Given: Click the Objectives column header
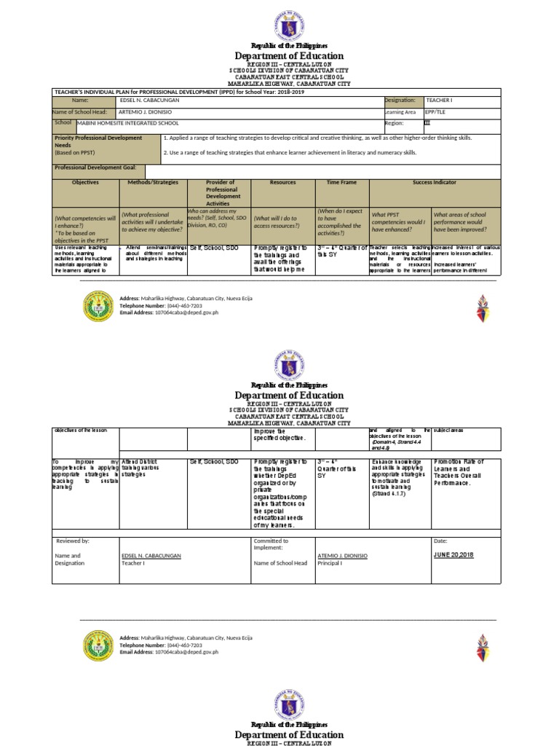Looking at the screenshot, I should [x=85, y=183].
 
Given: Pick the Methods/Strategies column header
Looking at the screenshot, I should [x=153, y=183].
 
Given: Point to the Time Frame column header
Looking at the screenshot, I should [x=342, y=183].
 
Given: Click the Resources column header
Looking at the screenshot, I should [x=282, y=183].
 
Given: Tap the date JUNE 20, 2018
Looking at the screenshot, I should [x=453, y=555].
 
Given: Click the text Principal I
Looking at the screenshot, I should [x=330, y=563].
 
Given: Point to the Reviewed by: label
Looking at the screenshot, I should [x=73, y=541].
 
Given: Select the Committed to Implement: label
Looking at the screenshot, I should [x=271, y=545].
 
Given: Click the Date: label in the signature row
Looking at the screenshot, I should [x=440, y=541].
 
